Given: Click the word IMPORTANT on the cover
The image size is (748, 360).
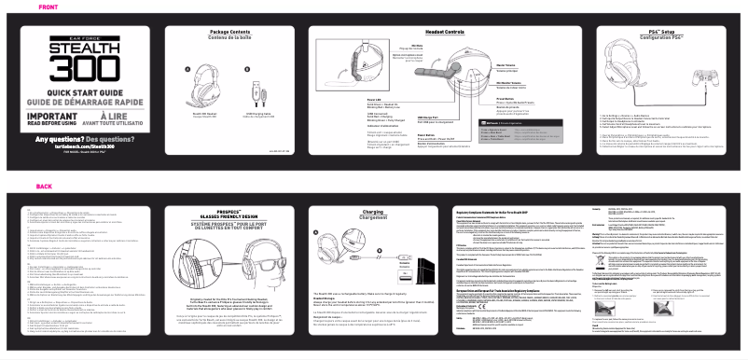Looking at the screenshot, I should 51,116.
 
